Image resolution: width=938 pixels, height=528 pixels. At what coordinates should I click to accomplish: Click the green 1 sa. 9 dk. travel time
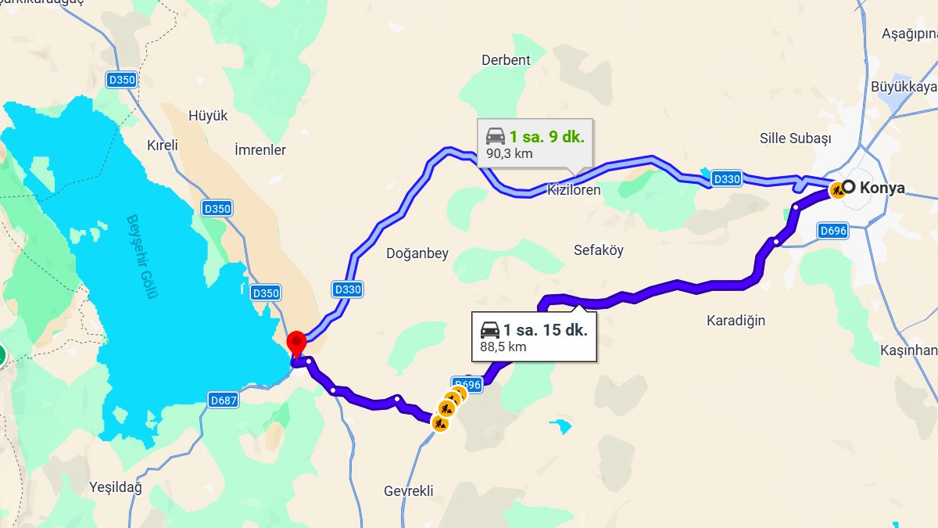pos(546,137)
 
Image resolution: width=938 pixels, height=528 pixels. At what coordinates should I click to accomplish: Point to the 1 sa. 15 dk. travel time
pos(545,329)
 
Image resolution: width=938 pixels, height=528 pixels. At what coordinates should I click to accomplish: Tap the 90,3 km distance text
pos(510,153)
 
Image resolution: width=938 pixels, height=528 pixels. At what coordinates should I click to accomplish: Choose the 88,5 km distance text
pos(503,346)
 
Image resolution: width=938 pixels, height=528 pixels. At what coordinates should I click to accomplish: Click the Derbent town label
pos(506,59)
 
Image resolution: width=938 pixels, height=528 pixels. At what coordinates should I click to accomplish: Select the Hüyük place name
pos(208,115)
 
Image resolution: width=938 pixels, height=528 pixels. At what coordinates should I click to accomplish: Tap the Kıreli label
pos(163,145)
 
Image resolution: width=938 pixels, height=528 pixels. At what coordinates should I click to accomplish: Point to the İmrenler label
pos(260,149)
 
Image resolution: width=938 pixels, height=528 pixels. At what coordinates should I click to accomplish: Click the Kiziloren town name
pos(574,190)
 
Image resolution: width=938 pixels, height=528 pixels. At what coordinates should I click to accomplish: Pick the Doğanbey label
pos(417,253)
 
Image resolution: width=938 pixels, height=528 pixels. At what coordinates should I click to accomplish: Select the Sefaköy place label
pos(599,250)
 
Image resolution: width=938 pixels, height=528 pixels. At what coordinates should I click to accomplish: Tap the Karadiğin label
pos(736,320)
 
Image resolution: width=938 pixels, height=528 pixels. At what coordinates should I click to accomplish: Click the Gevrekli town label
pos(408,490)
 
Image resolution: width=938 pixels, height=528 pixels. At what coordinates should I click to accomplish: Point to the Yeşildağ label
pos(116,487)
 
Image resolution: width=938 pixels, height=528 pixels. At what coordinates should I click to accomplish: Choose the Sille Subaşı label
pos(795,138)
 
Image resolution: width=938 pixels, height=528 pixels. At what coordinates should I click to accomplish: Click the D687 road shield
pos(224,400)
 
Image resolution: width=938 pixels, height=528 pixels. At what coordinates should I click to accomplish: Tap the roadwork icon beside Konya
pos(837,189)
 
